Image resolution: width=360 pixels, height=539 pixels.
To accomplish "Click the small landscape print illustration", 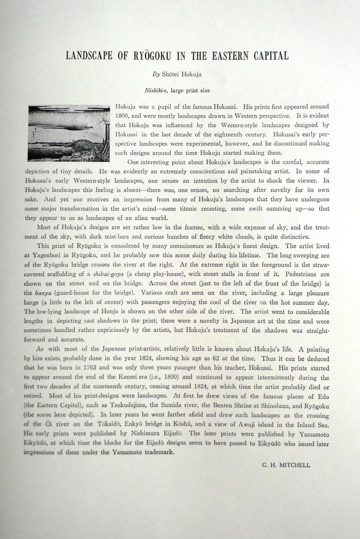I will pyautogui.click(x=69, y=133).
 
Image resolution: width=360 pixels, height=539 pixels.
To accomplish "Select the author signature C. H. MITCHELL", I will pyautogui.click(x=286, y=465).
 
